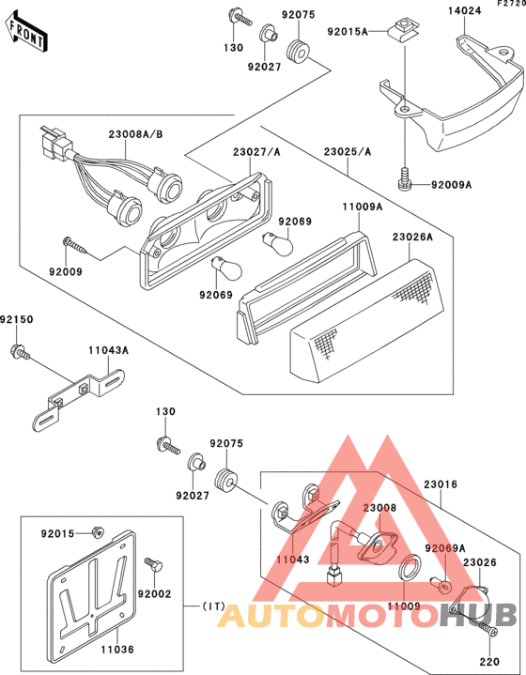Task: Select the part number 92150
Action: pyautogui.click(x=17, y=319)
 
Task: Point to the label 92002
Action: pyautogui.click(x=154, y=594)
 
